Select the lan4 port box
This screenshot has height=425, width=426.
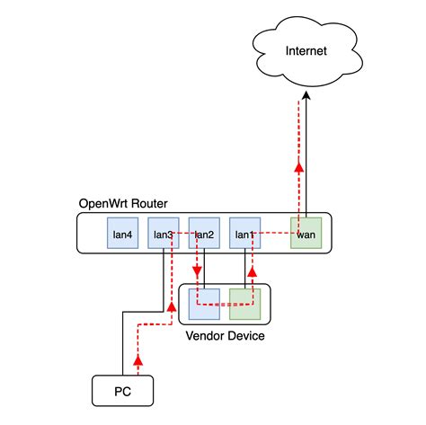(122, 234)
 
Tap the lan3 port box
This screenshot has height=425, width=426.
(163, 234)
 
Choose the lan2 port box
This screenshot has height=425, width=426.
(203, 234)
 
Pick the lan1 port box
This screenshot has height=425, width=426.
(244, 234)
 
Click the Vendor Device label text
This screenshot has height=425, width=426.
(224, 336)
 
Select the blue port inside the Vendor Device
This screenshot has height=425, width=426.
(203, 304)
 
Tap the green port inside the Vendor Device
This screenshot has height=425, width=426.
(244, 304)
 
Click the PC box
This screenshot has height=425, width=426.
(123, 389)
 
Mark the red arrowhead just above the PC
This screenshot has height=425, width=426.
(138, 361)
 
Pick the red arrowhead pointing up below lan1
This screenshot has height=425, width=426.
(252, 269)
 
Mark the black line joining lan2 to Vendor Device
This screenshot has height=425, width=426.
(206, 270)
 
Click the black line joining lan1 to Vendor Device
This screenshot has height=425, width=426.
(244, 270)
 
